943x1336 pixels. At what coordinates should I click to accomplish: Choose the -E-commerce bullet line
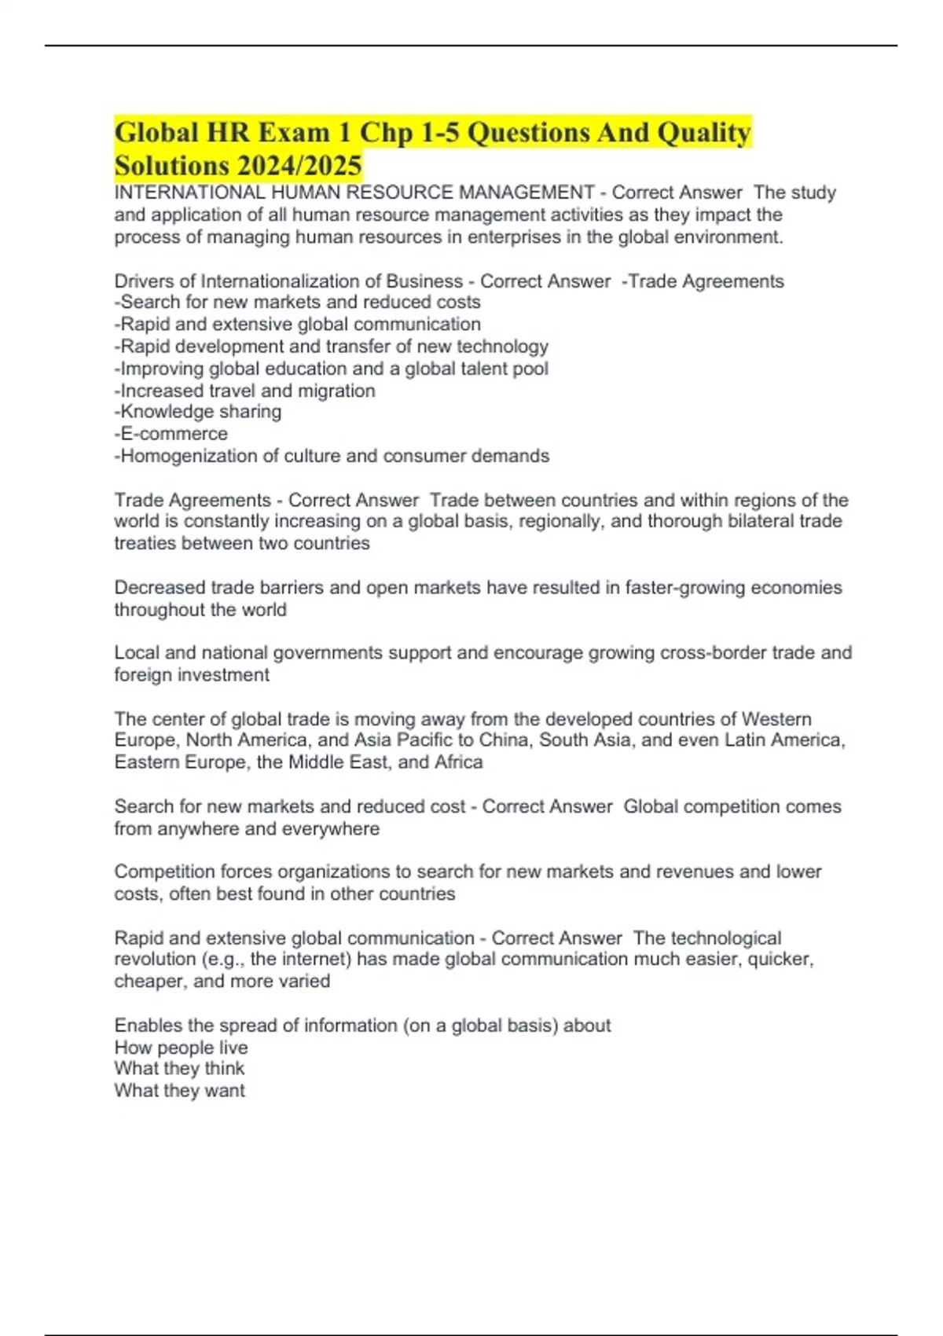[171, 434]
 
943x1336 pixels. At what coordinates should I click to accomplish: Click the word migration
[336, 391]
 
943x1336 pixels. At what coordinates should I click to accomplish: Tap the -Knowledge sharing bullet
[198, 412]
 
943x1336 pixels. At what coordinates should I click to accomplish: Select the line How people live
[181, 1048]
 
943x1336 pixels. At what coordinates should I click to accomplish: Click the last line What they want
[180, 1091]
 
